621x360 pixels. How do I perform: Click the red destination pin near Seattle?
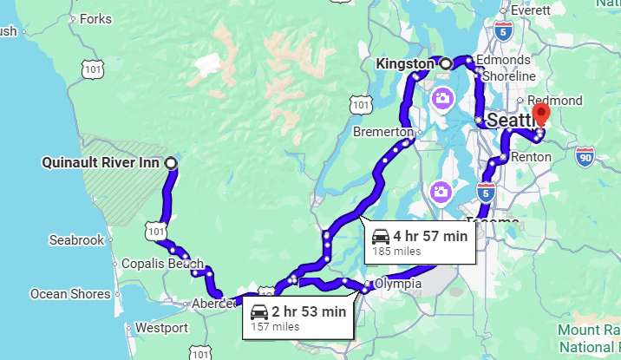(542, 115)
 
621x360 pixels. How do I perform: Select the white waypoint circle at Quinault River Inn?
(170, 163)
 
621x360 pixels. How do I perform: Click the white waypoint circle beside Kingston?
(445, 64)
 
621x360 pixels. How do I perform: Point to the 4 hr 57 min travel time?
(430, 236)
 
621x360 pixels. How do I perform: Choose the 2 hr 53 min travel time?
(309, 311)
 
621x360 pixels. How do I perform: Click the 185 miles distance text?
(396, 252)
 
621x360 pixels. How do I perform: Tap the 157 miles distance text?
(275, 327)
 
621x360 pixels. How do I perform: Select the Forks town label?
(95, 18)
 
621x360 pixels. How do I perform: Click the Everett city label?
(531, 10)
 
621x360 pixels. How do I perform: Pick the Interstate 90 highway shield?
(585, 157)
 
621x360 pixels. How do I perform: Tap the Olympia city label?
(398, 284)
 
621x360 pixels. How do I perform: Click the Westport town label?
(161, 328)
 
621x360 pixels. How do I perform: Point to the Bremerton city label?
(382, 132)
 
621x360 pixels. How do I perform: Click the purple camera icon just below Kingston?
(442, 98)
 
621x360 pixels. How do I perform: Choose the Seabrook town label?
(76, 239)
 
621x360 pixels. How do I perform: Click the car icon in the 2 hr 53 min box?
(258, 312)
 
